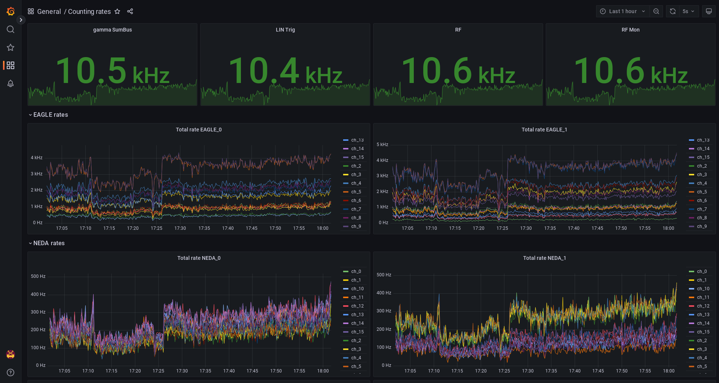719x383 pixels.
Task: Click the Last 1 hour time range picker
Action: tap(622, 11)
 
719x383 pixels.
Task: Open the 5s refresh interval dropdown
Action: tap(689, 11)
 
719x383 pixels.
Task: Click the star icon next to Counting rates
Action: tap(117, 11)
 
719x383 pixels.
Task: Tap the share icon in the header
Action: tap(130, 11)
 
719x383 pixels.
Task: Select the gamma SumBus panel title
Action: tap(112, 30)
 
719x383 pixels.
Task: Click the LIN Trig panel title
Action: tap(285, 30)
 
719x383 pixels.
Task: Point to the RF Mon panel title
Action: tap(630, 30)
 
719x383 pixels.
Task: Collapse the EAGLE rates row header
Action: tap(50, 115)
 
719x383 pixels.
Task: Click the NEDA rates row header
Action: tap(49, 243)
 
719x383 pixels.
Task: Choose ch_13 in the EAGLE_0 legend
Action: tap(357, 140)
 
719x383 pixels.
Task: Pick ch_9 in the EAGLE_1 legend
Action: tap(702, 226)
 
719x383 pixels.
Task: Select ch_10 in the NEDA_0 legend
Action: tap(357, 289)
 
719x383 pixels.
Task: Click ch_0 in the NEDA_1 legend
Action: tap(702, 271)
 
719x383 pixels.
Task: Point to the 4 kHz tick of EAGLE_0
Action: tap(36, 158)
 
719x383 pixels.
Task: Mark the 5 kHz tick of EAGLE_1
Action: tap(382, 145)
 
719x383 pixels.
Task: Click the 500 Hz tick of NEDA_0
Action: tap(38, 276)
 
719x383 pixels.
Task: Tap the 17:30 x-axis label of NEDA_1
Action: tap(528, 371)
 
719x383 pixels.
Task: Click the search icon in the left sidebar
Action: tap(11, 29)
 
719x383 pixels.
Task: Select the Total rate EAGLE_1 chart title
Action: tap(544, 130)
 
